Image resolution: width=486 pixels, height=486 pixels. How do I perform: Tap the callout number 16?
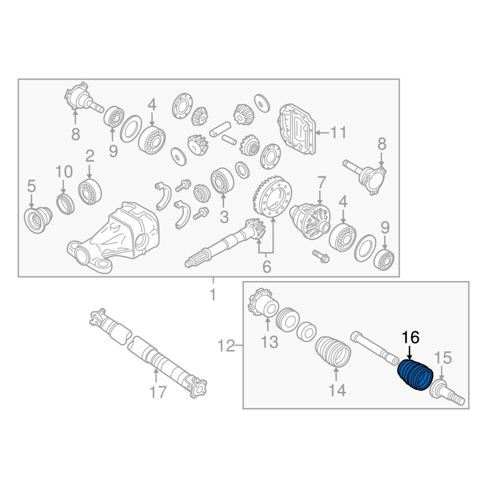(x=411, y=338)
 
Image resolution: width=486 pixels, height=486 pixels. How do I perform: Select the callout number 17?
(x=158, y=392)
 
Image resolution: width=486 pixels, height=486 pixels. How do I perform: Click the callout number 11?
(x=338, y=132)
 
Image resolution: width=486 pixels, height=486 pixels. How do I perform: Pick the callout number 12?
(x=226, y=346)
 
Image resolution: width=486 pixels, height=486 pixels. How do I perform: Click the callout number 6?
(x=267, y=267)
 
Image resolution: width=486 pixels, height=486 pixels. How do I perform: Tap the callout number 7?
(x=321, y=183)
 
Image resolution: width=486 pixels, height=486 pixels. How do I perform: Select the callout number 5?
(x=32, y=187)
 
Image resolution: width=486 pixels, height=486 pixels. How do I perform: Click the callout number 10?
(x=64, y=171)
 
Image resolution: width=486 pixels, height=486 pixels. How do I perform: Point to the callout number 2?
(x=89, y=157)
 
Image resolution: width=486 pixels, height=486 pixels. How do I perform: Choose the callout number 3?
(x=224, y=217)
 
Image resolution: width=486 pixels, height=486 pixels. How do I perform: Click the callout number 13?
(x=269, y=342)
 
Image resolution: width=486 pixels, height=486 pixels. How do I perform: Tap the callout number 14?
(x=337, y=390)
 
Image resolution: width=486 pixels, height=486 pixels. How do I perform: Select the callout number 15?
(x=443, y=358)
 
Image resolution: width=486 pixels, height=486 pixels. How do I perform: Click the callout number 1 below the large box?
(x=213, y=295)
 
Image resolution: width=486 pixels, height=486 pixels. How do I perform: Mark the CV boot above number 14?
(x=333, y=352)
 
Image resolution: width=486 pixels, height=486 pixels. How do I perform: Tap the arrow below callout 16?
(x=409, y=354)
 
